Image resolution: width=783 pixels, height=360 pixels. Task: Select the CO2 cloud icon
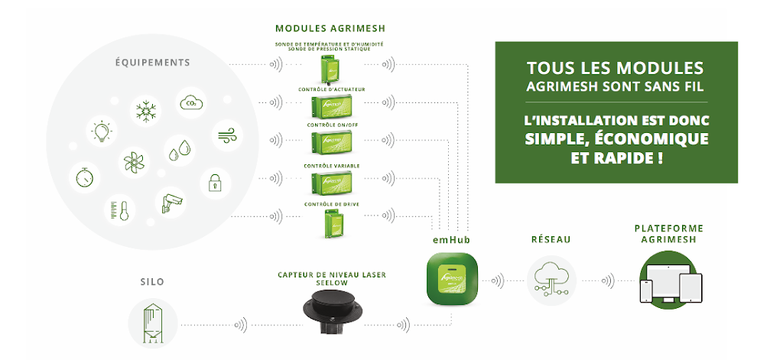click(x=189, y=102)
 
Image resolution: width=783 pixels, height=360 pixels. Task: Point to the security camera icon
click(x=171, y=201)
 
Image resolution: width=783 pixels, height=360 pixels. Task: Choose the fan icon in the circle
click(x=133, y=161)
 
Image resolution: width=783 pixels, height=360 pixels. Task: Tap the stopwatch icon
click(x=84, y=178)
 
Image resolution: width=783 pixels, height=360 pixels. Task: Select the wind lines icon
click(x=226, y=135)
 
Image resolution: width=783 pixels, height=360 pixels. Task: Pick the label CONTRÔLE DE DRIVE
click(x=331, y=204)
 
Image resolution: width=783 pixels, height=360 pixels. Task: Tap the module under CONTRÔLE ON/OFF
click(x=332, y=141)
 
